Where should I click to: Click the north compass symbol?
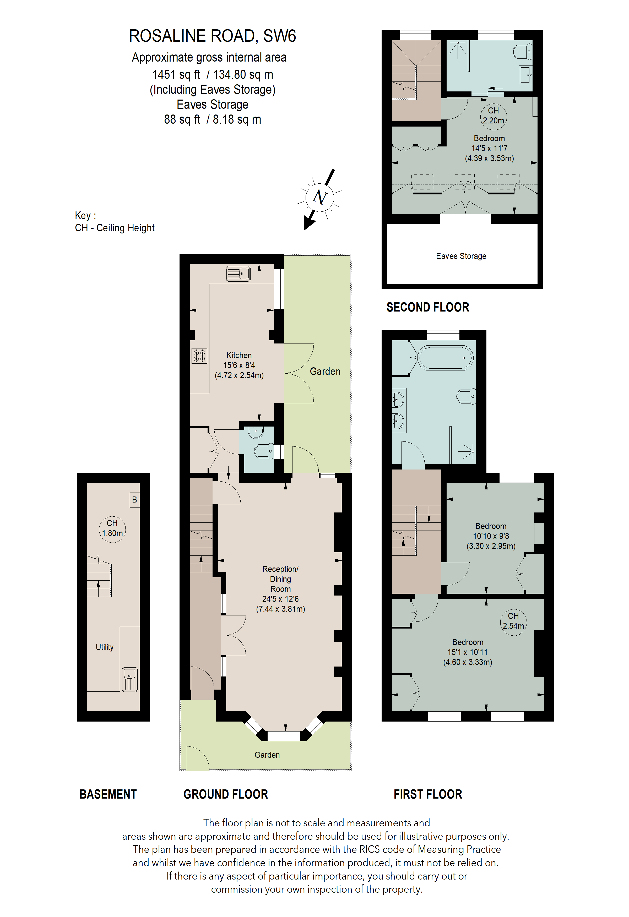tap(320, 197)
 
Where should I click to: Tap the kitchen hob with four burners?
tap(199, 356)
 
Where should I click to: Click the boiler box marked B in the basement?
tap(134, 500)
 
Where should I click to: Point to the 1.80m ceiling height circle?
tap(112, 528)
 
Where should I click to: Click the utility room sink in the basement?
tap(130, 679)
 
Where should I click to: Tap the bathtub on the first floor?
tap(446, 358)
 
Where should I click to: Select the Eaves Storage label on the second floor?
tap(461, 256)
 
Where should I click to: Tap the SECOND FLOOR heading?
tap(428, 307)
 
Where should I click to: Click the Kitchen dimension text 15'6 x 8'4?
tap(239, 365)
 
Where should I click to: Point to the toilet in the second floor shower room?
tap(522, 52)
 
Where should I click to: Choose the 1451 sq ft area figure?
tap(176, 75)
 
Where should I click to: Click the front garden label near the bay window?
tap(267, 755)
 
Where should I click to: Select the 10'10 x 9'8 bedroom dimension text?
tap(491, 536)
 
